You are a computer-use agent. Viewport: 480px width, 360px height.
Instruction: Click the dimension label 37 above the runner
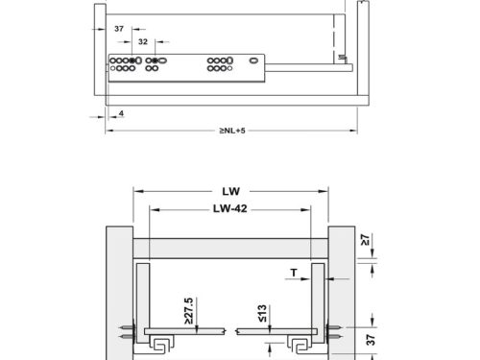coord(119,29)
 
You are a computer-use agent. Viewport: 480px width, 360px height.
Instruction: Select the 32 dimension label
coord(143,41)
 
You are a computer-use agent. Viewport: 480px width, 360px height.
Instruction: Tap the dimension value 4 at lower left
coord(121,113)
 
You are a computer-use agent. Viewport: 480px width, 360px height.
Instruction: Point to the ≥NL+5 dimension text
coord(232,131)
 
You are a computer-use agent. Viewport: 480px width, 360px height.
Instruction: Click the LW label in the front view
coord(230,191)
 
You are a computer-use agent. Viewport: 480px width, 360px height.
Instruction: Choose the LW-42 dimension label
coord(230,208)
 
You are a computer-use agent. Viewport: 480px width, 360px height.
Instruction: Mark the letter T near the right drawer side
coord(294,273)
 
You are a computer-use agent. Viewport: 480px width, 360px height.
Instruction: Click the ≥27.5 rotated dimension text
coord(189,311)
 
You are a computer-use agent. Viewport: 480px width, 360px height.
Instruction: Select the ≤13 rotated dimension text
coord(262,313)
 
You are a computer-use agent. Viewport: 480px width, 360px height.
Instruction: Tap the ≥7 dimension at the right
coord(365,240)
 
